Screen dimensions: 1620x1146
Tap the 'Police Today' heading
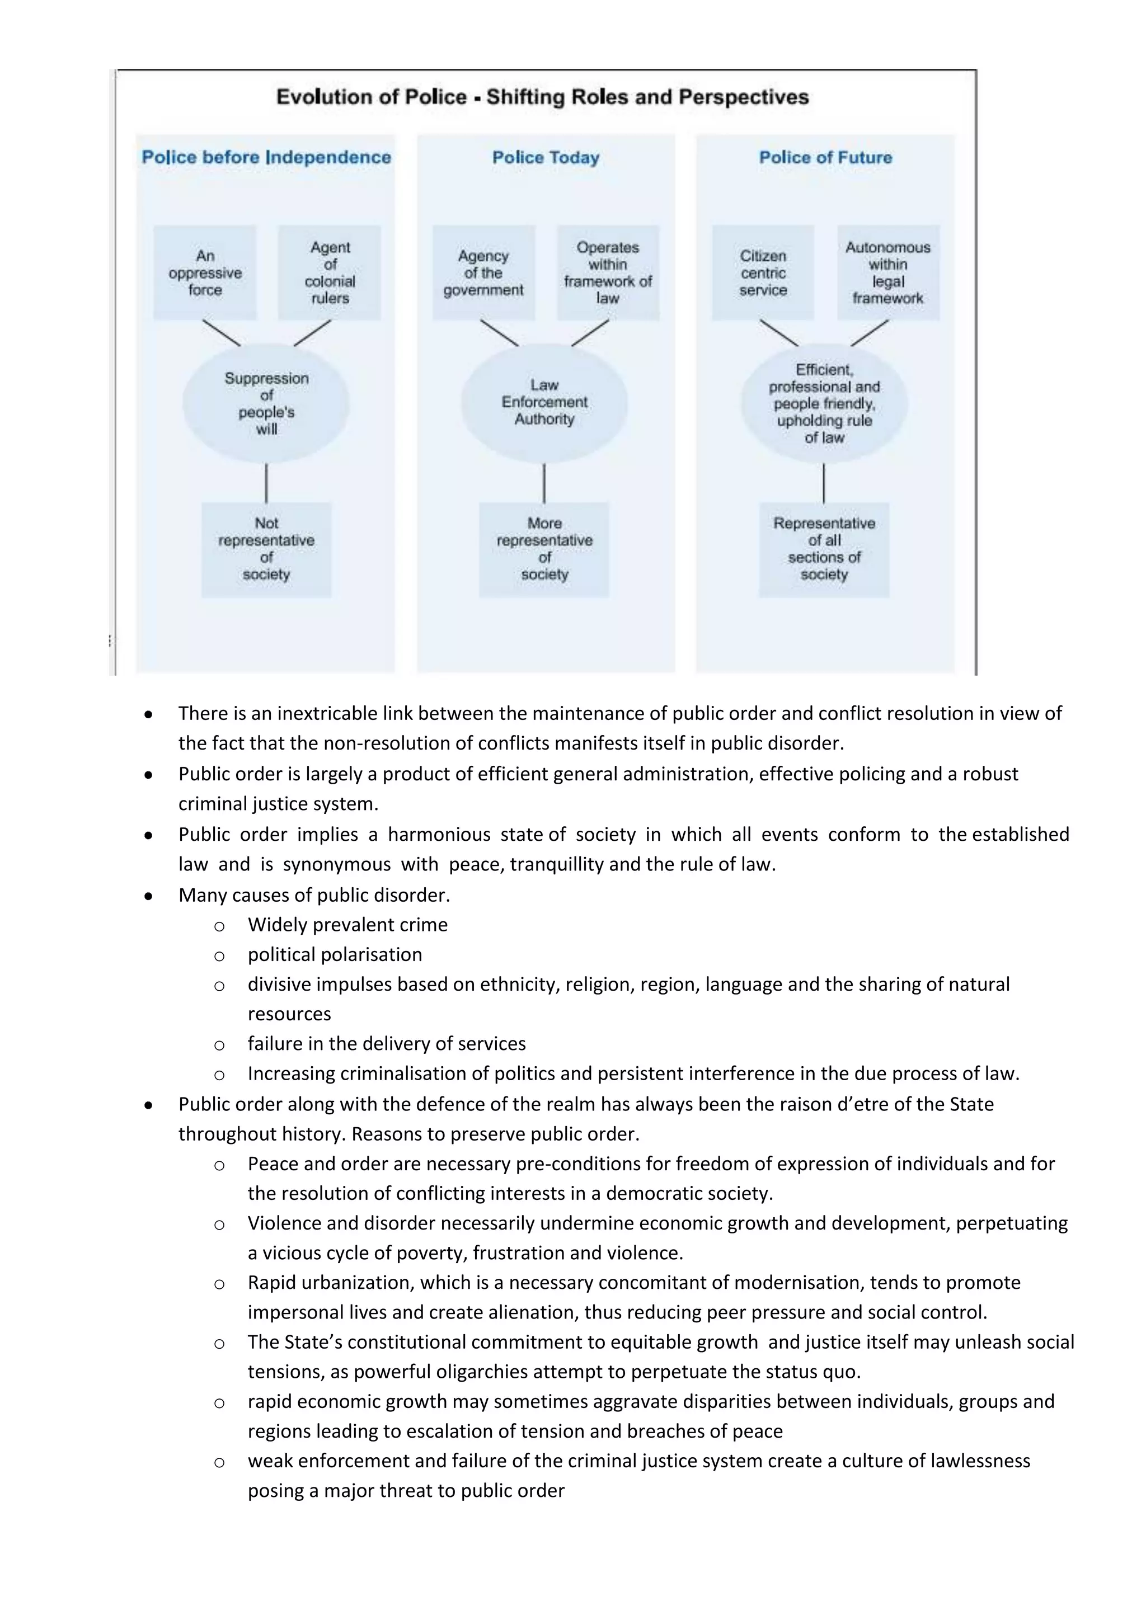pyautogui.click(x=546, y=157)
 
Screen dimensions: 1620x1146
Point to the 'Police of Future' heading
pyautogui.click(x=825, y=157)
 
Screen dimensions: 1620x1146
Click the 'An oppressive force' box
pyautogui.click(x=205, y=272)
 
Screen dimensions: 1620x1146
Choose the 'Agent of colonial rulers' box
pyautogui.click(x=330, y=272)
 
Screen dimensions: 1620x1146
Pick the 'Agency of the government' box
pyautogui.click(x=483, y=272)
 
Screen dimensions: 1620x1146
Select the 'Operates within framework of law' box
pyautogui.click(x=608, y=272)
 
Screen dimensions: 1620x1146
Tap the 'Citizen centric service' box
pyautogui.click(x=763, y=272)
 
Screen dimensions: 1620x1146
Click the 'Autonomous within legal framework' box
pyautogui.click(x=887, y=272)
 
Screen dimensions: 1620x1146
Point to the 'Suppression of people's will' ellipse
pyautogui.click(x=266, y=403)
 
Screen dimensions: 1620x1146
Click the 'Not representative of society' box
pyautogui.click(x=266, y=549)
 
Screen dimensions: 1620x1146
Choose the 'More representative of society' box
pyautogui.click(x=544, y=549)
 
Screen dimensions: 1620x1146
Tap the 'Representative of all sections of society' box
pyautogui.click(x=824, y=549)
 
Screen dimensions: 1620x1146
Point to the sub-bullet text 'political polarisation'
pyautogui.click(x=335, y=955)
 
